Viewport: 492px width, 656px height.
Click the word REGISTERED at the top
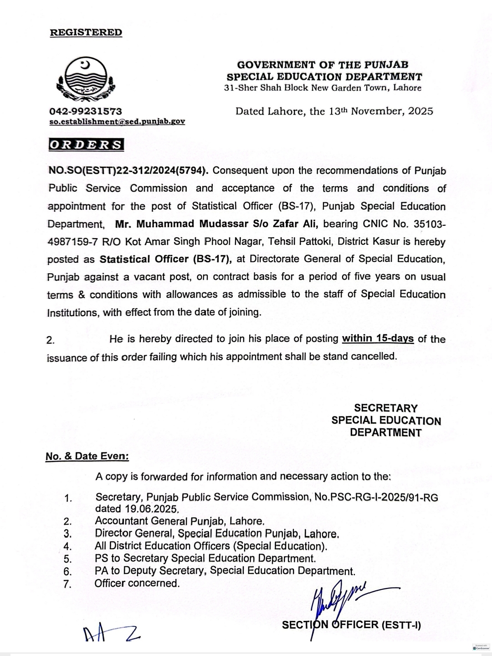click(x=86, y=33)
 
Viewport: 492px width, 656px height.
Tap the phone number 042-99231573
click(x=86, y=111)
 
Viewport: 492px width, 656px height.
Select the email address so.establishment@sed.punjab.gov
click(x=117, y=122)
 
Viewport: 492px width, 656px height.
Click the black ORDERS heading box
click(x=86, y=145)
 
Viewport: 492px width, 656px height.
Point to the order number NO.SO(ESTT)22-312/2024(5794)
click(x=128, y=171)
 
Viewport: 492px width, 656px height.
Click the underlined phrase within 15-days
click(x=378, y=339)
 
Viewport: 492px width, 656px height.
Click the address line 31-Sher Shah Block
click(x=323, y=88)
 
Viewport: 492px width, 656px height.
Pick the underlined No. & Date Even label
click(x=87, y=456)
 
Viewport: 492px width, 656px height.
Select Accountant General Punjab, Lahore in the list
click(x=179, y=521)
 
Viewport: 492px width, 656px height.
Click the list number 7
click(x=67, y=584)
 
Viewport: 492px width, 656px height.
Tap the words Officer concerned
click(x=137, y=583)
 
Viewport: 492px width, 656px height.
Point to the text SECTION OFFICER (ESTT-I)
click(x=351, y=625)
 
